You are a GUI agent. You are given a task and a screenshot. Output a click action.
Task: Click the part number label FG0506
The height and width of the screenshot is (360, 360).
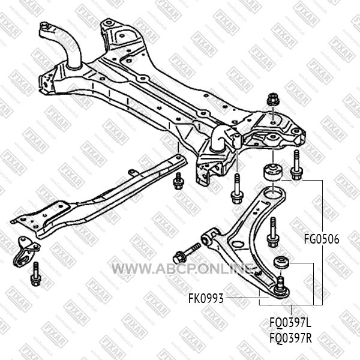(322, 239)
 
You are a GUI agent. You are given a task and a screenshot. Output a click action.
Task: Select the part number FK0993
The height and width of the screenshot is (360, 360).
(206, 299)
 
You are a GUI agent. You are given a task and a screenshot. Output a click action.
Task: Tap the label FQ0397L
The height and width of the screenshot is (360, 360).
(290, 323)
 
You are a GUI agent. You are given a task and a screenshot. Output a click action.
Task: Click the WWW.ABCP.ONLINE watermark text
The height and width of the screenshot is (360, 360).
(182, 269)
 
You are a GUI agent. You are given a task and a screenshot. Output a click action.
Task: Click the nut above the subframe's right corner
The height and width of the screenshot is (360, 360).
(273, 99)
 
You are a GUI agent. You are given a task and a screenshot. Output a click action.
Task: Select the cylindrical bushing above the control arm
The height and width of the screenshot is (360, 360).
(272, 172)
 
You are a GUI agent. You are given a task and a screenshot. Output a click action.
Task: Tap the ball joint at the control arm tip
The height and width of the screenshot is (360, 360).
(281, 289)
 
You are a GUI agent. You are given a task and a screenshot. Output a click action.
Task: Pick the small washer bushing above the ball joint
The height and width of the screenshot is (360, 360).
(281, 262)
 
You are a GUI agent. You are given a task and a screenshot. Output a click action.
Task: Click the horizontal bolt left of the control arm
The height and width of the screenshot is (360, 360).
(187, 254)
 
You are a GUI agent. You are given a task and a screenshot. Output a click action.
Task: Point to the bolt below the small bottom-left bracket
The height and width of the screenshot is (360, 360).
(35, 274)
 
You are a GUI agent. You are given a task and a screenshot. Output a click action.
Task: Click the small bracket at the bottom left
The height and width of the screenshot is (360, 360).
(26, 252)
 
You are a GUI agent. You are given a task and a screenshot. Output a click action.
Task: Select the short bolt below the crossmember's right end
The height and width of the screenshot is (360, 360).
(178, 181)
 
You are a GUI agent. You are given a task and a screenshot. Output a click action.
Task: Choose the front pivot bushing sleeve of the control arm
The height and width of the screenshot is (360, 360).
(208, 239)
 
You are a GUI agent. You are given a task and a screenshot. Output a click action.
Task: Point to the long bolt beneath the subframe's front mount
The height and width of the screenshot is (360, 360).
(236, 188)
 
